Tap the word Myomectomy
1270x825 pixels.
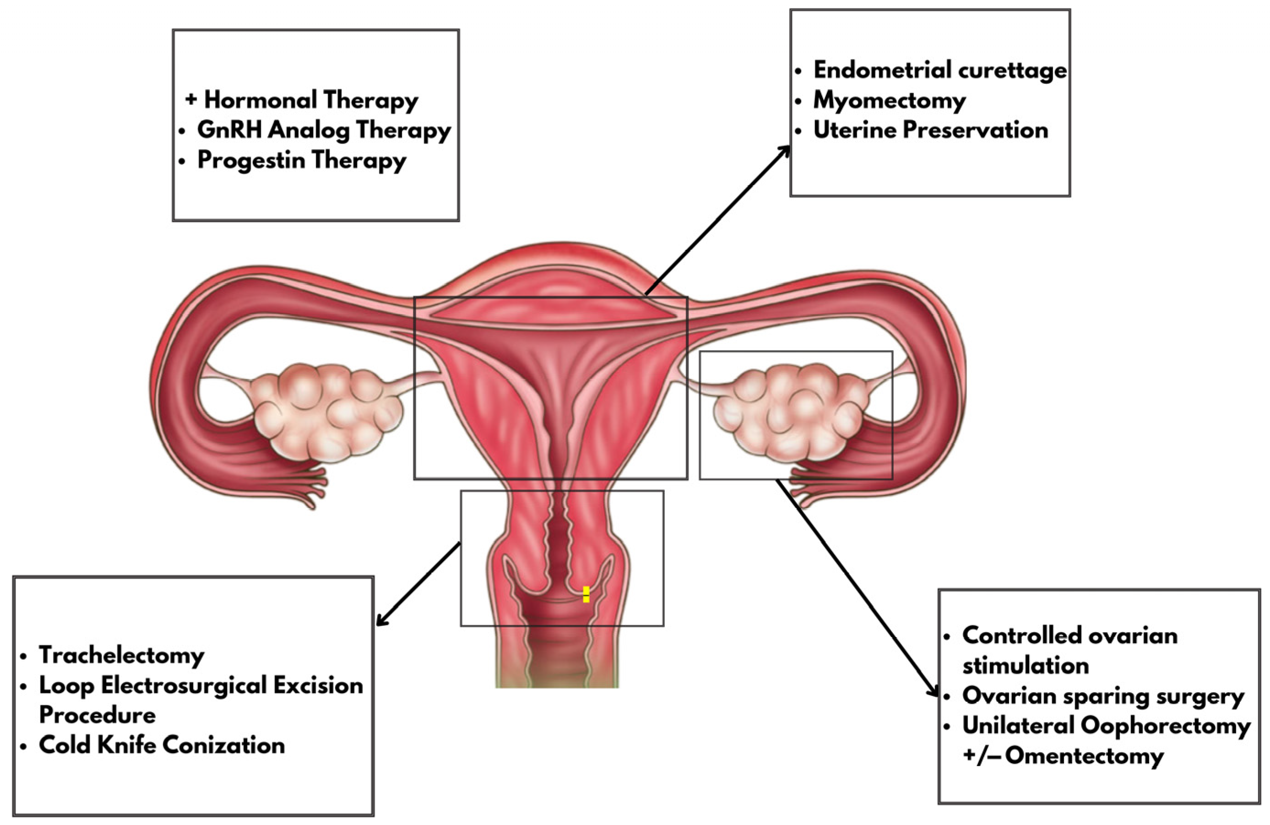[x=889, y=100]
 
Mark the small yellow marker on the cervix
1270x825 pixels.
[x=586, y=594]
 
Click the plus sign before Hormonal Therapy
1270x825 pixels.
[x=191, y=99]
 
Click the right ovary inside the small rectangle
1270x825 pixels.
[x=790, y=411]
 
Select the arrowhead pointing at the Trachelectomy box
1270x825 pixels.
[x=380, y=621]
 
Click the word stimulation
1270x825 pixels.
[x=1026, y=666]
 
